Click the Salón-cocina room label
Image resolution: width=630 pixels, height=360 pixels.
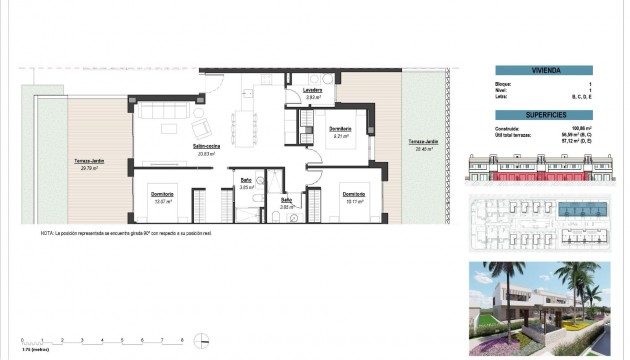coord(207,146)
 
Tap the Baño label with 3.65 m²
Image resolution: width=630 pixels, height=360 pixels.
coord(244,180)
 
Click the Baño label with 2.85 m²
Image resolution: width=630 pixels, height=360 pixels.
coord(285,200)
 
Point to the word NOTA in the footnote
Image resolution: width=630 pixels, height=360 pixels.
coord(47,233)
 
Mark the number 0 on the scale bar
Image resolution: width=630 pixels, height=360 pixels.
coord(22,340)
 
